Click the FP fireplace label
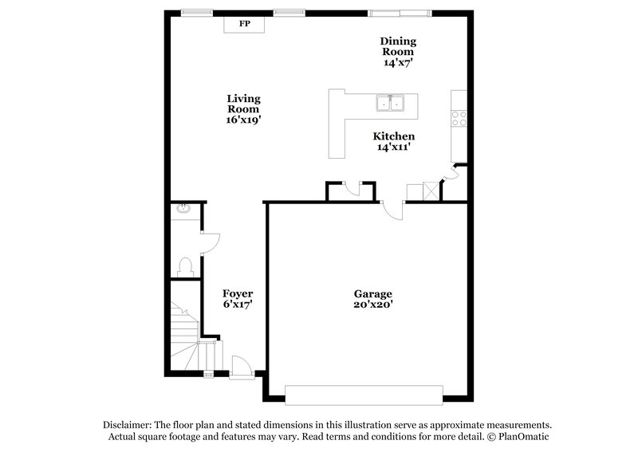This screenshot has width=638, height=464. point(245,25)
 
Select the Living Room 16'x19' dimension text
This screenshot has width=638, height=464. point(244,120)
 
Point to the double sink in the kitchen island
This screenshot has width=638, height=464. point(391,104)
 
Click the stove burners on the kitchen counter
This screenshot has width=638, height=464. point(459,118)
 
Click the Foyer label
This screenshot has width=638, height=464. point(238,293)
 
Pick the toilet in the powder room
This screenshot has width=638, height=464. point(185,265)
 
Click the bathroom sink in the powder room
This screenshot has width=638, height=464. point(183,210)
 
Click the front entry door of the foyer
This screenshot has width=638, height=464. point(242,366)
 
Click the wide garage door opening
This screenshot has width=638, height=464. point(364,395)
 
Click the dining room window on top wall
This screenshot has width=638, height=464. point(400,13)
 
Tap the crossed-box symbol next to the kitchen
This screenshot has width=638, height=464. point(431,191)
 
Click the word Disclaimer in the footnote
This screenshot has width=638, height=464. point(128,425)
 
